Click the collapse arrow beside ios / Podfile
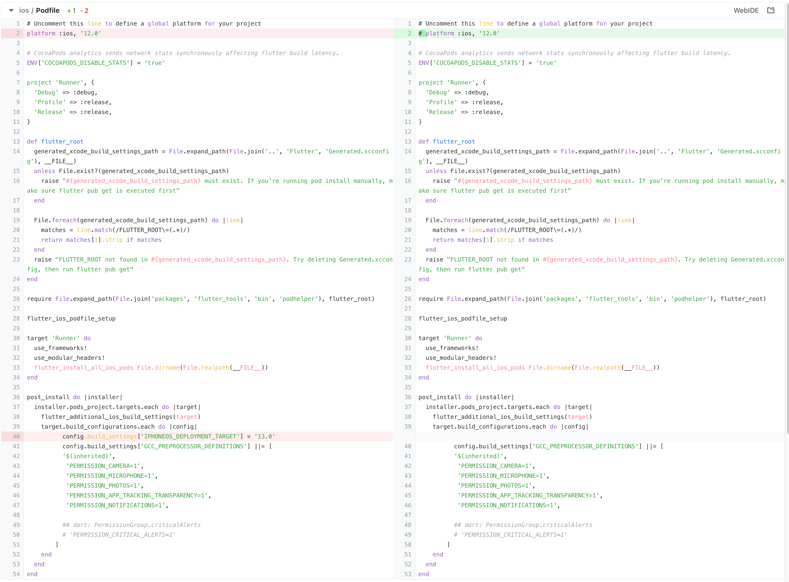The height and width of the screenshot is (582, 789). pyautogui.click(x=11, y=11)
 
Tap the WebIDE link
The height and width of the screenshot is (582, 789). pyautogui.click(x=746, y=11)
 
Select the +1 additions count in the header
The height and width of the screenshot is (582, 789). pyautogui.click(x=72, y=11)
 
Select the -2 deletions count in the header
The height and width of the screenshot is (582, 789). pyautogui.click(x=84, y=11)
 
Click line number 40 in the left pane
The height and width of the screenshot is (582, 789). pyautogui.click(x=16, y=436)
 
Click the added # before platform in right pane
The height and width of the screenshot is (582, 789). pyautogui.click(x=420, y=33)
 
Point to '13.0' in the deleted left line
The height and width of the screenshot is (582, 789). pyautogui.click(x=264, y=436)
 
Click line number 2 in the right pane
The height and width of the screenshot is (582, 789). pyautogui.click(x=409, y=33)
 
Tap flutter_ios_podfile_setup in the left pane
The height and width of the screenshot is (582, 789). pyautogui.click(x=71, y=319)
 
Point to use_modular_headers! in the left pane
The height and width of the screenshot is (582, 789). pyautogui.click(x=69, y=358)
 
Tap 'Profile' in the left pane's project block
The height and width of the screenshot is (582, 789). pyautogui.click(x=50, y=102)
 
